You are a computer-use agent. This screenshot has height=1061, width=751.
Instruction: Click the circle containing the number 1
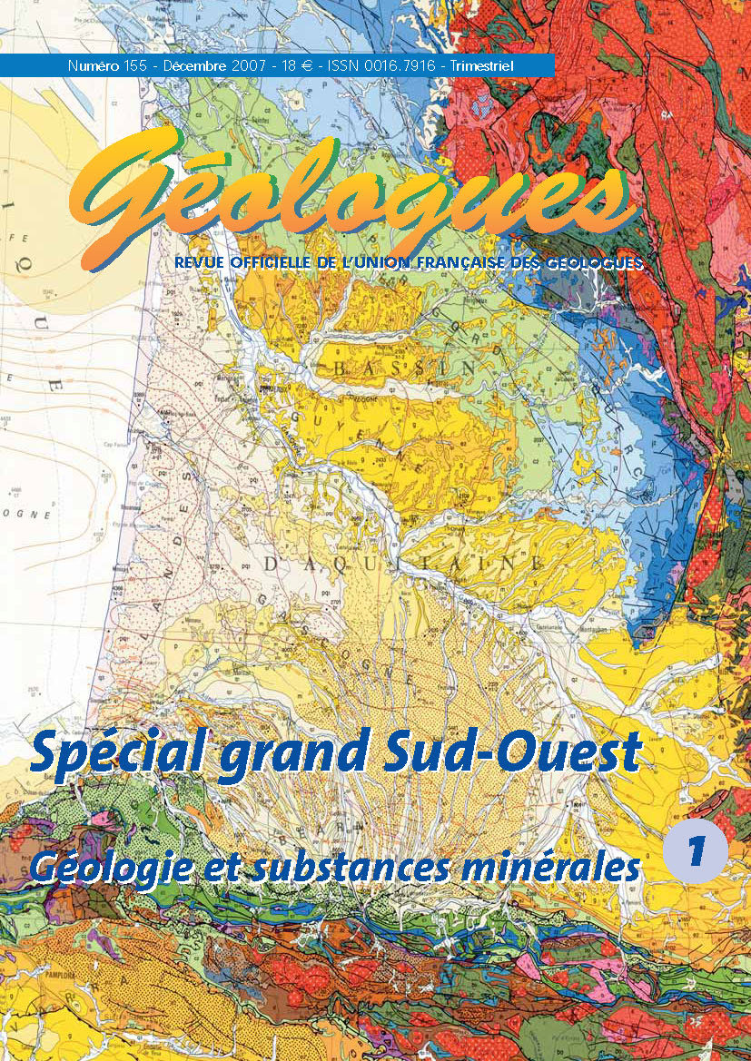point(695,850)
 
